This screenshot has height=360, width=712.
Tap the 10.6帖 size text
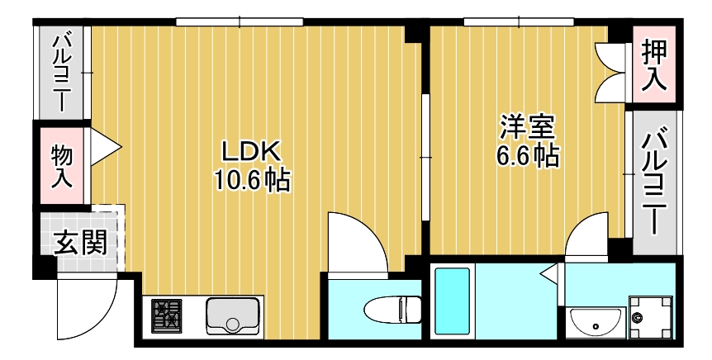[252, 180]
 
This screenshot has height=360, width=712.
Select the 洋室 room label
[527, 127]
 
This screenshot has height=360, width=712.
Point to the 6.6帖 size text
[527, 155]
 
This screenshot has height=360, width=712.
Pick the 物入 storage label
[62, 165]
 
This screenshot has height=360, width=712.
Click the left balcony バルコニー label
[62, 73]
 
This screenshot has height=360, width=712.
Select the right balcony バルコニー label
[657, 182]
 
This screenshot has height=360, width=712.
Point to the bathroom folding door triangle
[548, 272]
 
